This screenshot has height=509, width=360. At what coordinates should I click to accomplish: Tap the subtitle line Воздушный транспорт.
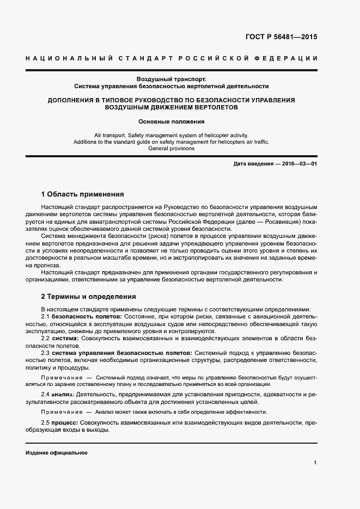pyautogui.click(x=172, y=79)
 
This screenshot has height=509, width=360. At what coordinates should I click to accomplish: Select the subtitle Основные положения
pyautogui.click(x=171, y=121)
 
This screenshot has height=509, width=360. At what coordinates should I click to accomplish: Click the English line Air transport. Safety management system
pyautogui.click(x=171, y=134)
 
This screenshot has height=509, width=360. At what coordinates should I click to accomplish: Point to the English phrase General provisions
pyautogui.click(x=171, y=148)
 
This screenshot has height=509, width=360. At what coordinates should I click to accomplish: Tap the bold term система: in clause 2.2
pyautogui.click(x=65, y=338)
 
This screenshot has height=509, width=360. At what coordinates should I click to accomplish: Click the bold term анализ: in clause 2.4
pyautogui.click(x=63, y=394)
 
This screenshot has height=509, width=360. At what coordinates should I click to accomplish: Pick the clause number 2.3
pyautogui.click(x=46, y=353)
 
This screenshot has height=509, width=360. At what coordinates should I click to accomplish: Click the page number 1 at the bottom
pyautogui.click(x=315, y=463)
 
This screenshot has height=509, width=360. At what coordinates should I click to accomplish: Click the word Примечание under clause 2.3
pyautogui.click(x=60, y=377)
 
